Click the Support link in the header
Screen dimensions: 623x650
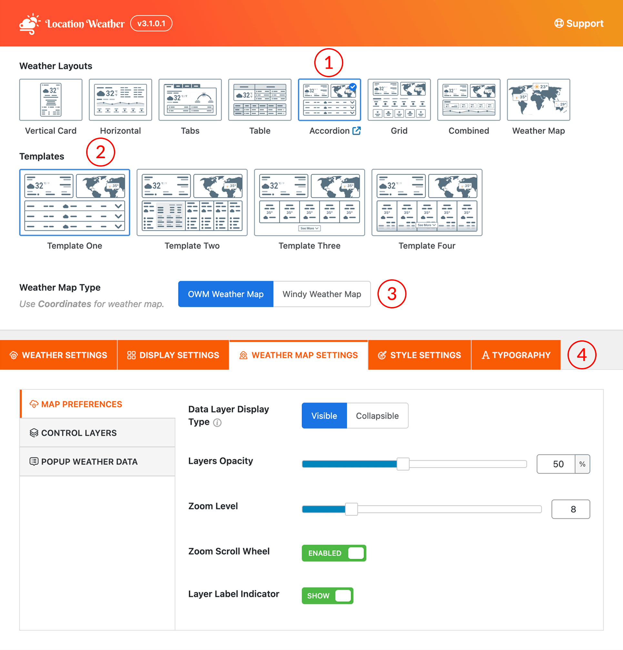point(578,24)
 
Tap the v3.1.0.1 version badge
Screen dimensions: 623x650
point(151,24)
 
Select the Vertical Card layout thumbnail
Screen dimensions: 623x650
point(51,100)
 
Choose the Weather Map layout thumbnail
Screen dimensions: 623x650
point(538,100)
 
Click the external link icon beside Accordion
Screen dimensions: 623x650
point(357,131)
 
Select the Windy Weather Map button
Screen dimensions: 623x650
point(322,294)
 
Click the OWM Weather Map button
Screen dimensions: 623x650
point(226,294)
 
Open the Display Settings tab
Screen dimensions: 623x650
point(173,355)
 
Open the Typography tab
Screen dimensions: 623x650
point(516,355)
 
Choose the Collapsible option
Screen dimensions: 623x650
point(377,416)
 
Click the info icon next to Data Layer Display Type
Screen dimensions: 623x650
point(217,423)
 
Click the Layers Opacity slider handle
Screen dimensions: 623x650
point(403,464)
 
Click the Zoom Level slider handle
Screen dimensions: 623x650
point(352,509)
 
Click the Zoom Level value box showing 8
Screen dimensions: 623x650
point(571,509)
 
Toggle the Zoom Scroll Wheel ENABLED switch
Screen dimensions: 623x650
point(334,553)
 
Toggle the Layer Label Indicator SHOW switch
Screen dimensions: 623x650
point(327,596)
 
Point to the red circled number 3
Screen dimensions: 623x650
point(392,294)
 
